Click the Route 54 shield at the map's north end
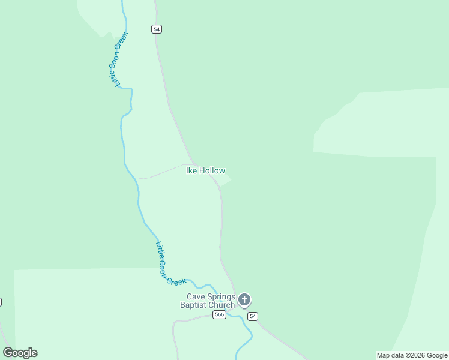(157, 29)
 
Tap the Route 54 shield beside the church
(253, 316)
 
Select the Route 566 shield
(219, 315)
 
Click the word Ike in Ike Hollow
(191, 171)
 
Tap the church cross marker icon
(244, 299)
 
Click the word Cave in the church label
(196, 296)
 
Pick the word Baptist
(193, 305)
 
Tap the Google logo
(20, 353)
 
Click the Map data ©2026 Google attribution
(412, 355)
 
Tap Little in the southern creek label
(158, 248)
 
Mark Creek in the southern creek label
(176, 280)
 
